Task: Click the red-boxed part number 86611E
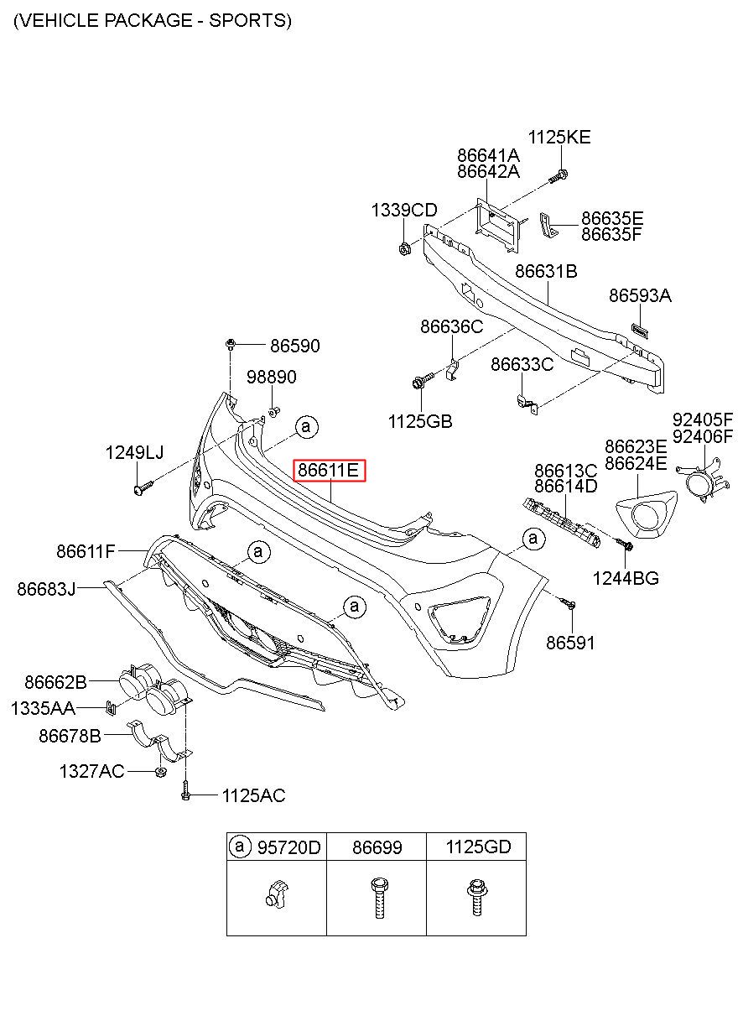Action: pyautogui.click(x=330, y=471)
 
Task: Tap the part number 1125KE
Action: pyautogui.click(x=559, y=138)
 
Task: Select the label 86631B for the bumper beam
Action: pyautogui.click(x=546, y=271)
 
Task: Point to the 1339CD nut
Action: pyautogui.click(x=404, y=248)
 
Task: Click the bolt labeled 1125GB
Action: pyautogui.click(x=422, y=380)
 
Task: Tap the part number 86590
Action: pyautogui.click(x=295, y=346)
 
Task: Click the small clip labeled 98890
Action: pyautogui.click(x=274, y=411)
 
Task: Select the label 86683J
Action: pyautogui.click(x=46, y=589)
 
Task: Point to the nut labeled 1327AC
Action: pyautogui.click(x=159, y=772)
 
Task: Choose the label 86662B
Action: pyautogui.click(x=55, y=682)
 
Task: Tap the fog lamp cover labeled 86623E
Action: pyautogui.click(x=647, y=515)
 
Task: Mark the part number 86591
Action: pyautogui.click(x=570, y=643)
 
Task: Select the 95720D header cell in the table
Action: pyautogui.click(x=277, y=847)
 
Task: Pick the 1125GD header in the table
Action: pyautogui.click(x=479, y=847)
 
